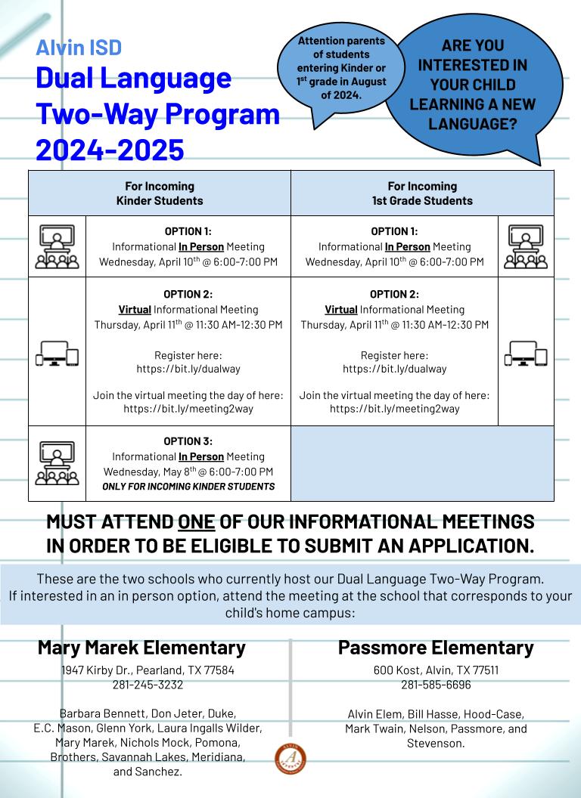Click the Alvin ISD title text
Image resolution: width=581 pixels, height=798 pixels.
click(79, 48)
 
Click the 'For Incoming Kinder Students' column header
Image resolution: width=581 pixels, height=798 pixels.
click(159, 193)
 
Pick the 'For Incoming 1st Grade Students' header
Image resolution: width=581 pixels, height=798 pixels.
click(422, 193)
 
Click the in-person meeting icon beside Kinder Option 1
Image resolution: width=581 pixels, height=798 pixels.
click(57, 246)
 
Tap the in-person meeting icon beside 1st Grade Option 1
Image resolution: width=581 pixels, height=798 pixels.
click(526, 246)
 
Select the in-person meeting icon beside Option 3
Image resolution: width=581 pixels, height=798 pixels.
click(57, 463)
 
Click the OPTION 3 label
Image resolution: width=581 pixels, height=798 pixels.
click(188, 441)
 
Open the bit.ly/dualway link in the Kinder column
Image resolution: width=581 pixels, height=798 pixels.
click(188, 370)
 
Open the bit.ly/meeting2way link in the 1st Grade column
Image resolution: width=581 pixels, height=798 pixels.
click(394, 409)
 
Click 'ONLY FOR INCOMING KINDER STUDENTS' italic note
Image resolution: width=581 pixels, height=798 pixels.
click(188, 487)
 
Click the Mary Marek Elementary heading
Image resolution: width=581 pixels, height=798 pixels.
click(141, 648)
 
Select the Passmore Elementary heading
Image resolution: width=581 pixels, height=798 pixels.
click(436, 648)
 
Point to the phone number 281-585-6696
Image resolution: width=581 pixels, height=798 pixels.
click(436, 685)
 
